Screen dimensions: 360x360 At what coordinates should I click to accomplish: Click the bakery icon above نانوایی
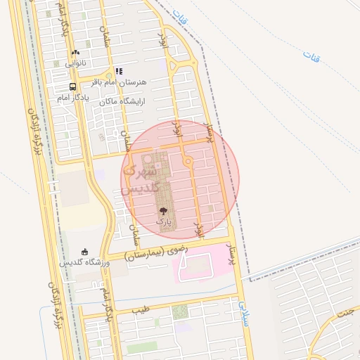point(75,52)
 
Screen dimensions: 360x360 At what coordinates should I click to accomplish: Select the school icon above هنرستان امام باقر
point(119,71)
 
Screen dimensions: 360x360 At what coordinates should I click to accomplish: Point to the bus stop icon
point(73,86)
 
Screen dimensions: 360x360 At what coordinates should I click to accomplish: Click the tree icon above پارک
point(163,210)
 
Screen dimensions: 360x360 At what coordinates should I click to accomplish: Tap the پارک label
point(163,221)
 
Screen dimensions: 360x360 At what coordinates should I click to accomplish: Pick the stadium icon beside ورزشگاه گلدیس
point(86,252)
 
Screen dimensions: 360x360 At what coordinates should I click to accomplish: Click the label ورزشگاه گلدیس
point(84,263)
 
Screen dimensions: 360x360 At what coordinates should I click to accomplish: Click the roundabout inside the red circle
point(188,162)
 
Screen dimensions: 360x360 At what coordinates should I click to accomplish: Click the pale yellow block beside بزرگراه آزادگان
point(72,188)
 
